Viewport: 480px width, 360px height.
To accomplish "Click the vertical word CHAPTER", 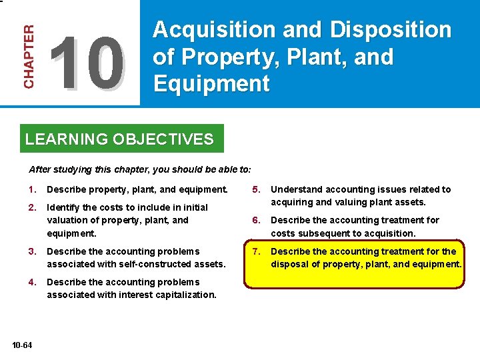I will pyautogui.click(x=29, y=57).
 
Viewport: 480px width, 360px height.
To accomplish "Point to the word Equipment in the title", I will pyautogui.click(x=211, y=84).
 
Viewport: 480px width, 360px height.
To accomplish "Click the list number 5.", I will pyautogui.click(x=255, y=189).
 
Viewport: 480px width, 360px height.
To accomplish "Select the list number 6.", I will pyautogui.click(x=255, y=220).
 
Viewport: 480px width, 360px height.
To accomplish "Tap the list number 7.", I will pyautogui.click(x=255, y=251).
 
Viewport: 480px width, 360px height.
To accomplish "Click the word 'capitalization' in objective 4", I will pyautogui.click(x=186, y=295).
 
